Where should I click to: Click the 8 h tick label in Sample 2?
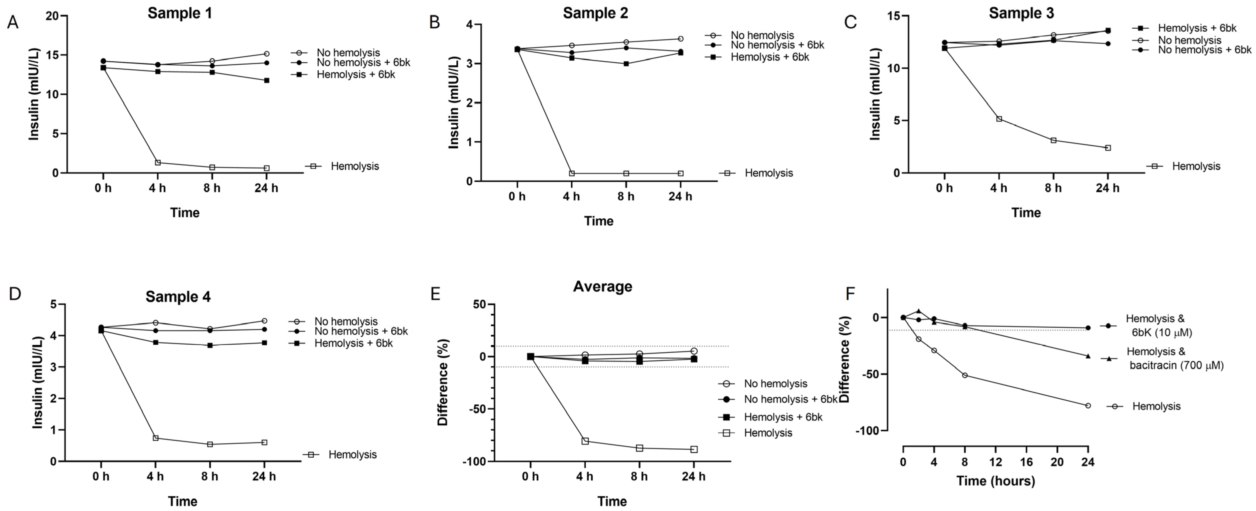coord(626,196)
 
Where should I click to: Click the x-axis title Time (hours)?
coord(995,481)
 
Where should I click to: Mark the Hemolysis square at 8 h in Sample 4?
coord(210,444)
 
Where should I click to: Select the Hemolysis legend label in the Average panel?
coord(768,433)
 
